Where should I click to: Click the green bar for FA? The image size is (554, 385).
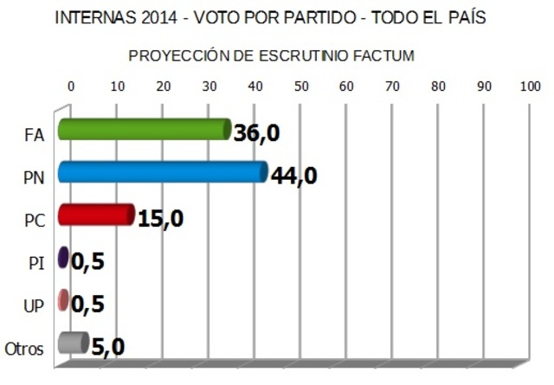click(x=143, y=130)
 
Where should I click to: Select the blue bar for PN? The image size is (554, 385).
click(x=162, y=172)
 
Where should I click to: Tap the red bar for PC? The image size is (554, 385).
click(x=95, y=215)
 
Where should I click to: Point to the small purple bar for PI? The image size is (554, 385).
click(x=62, y=258)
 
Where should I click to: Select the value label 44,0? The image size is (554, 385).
click(x=294, y=176)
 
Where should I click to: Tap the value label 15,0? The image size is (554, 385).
click(x=160, y=219)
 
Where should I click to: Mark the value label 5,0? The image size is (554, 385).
click(x=108, y=347)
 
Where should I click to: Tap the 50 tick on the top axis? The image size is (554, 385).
click(x=300, y=87)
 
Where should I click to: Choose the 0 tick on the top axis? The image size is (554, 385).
click(x=71, y=87)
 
